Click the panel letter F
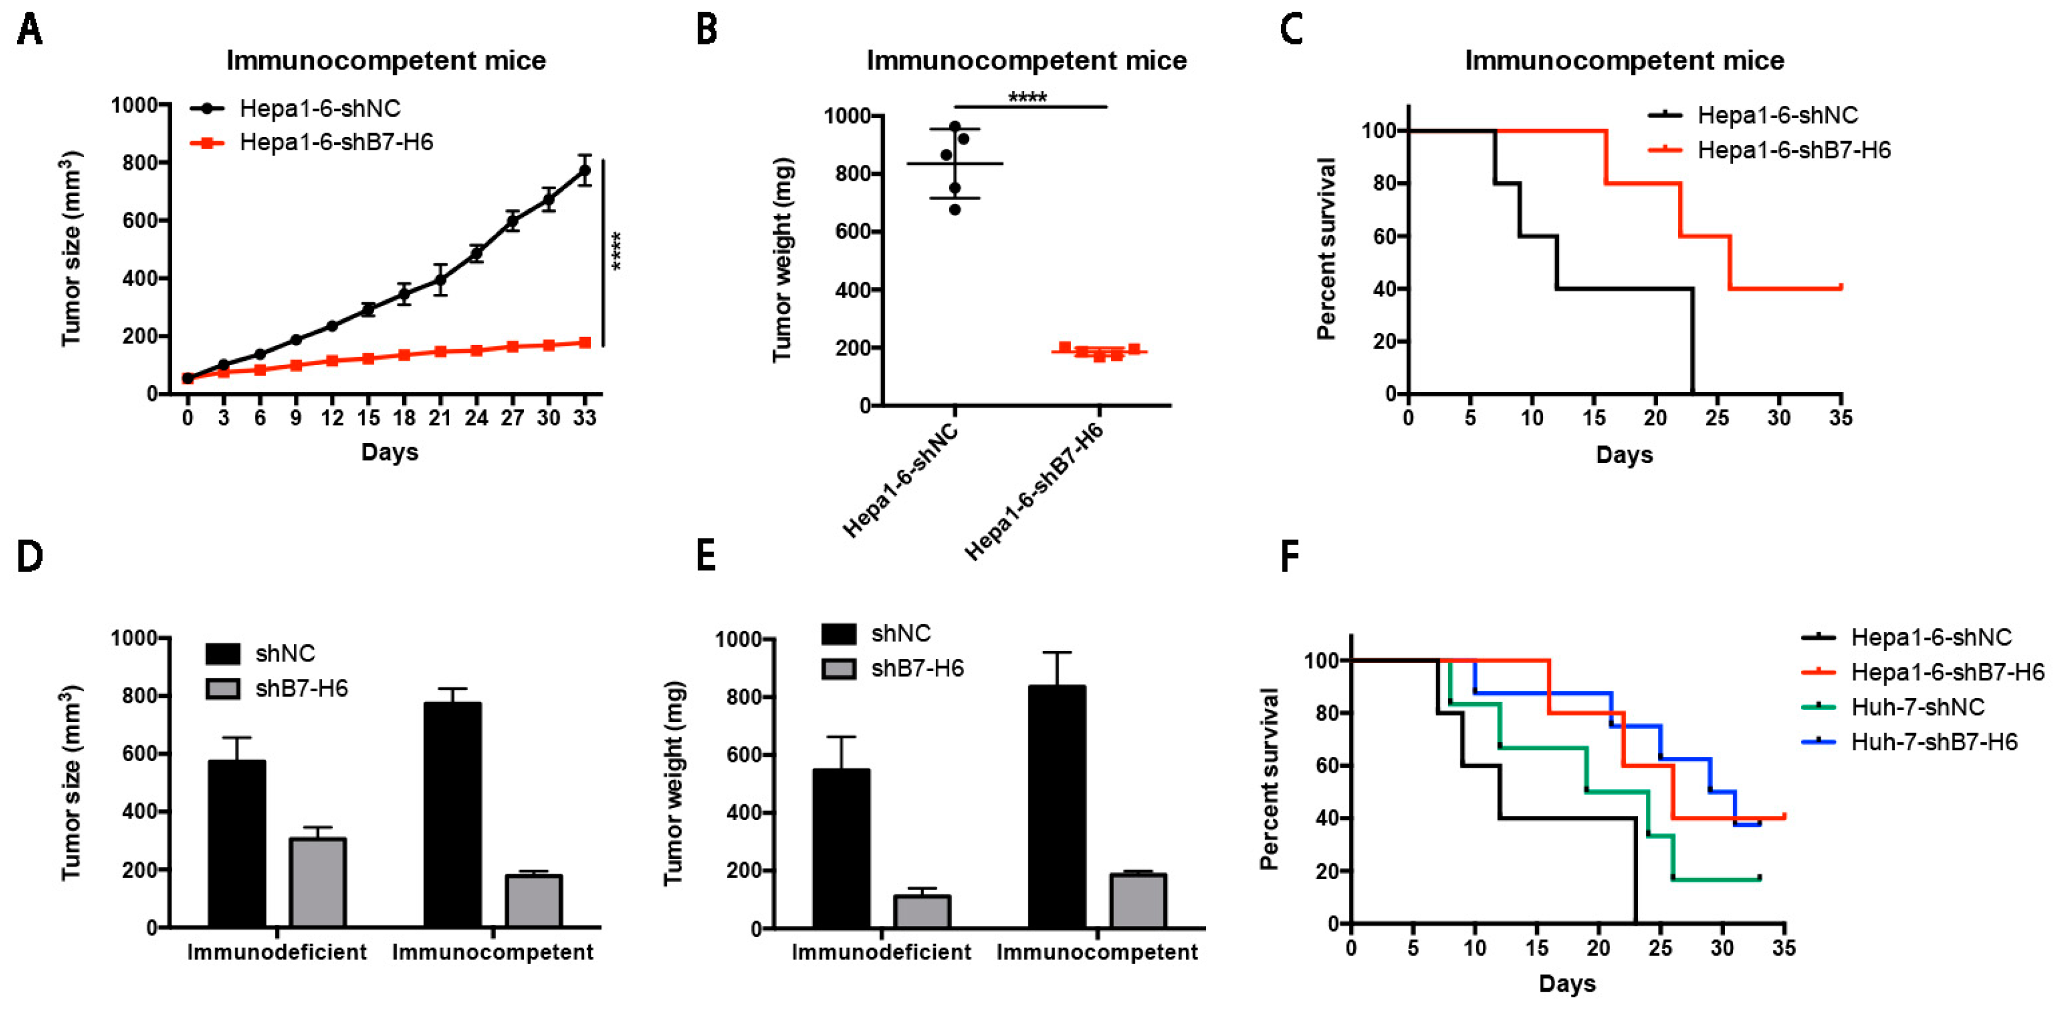pos(1290,557)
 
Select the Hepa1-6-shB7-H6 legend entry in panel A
pos(335,143)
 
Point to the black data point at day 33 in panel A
pos(584,170)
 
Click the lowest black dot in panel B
pos(955,209)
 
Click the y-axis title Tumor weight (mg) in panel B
pos(782,259)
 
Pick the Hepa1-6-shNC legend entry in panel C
pos(1777,116)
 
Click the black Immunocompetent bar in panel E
pos(1057,806)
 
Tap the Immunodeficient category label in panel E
pos(881,952)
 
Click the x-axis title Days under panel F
pos(1567,983)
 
